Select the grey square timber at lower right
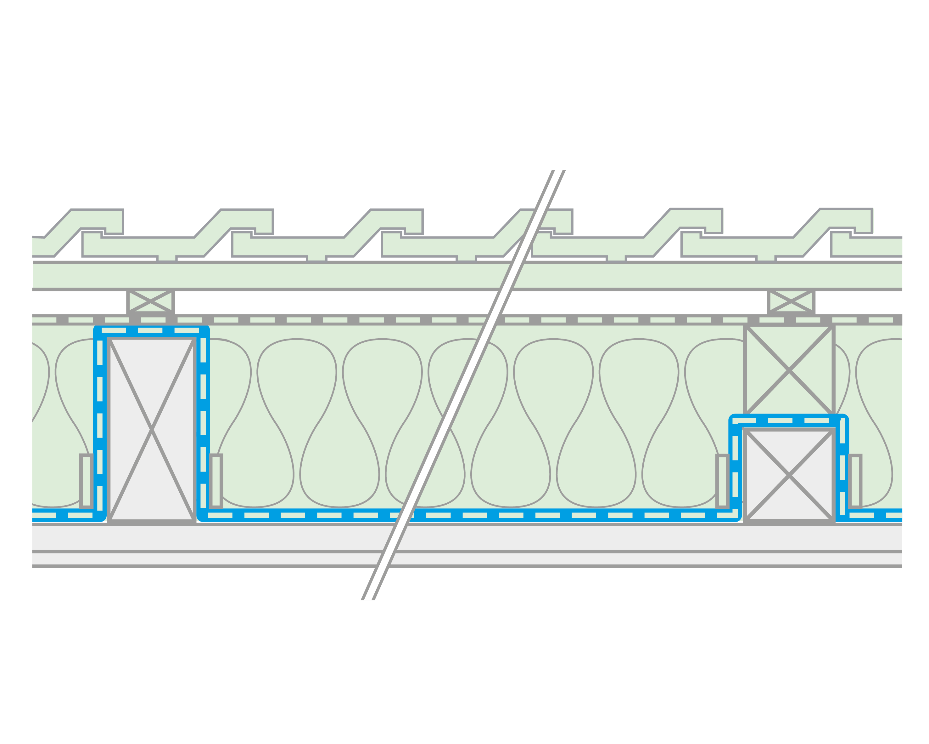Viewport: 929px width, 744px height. tap(789, 475)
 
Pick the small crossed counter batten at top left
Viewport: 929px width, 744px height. tap(150, 301)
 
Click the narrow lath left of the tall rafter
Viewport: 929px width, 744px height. tap(86, 481)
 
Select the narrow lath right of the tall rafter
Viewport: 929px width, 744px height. tap(216, 481)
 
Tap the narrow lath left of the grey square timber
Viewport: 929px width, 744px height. tap(723, 481)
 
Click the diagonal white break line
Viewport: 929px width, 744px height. tap(463, 384)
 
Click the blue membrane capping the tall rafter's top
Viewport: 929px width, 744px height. tap(151, 330)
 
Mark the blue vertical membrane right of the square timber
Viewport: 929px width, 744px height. tap(842, 470)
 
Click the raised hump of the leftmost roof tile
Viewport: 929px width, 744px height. tap(97, 221)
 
